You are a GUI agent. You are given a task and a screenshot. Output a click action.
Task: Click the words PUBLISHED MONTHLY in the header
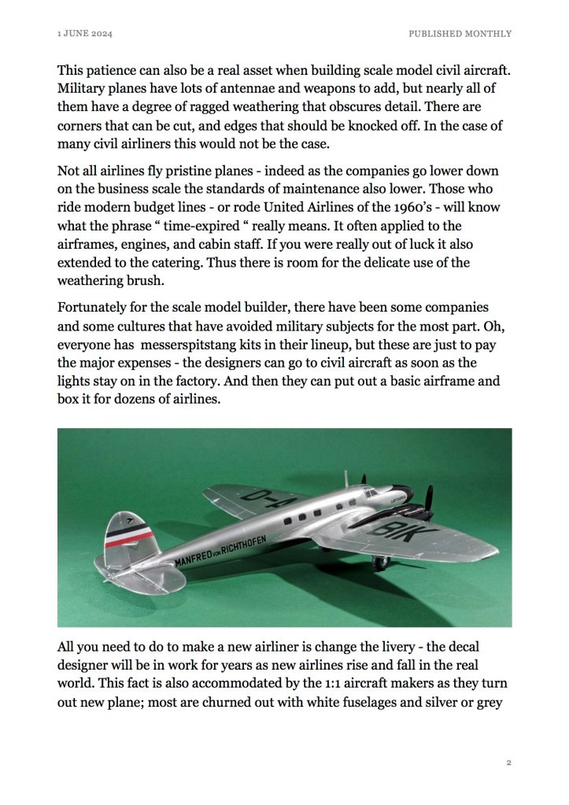[x=460, y=34]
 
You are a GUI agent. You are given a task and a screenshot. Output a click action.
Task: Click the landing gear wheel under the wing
[x=381, y=562]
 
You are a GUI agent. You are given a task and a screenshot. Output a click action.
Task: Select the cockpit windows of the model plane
[x=369, y=493]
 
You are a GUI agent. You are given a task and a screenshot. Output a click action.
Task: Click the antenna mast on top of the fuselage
[x=346, y=478]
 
